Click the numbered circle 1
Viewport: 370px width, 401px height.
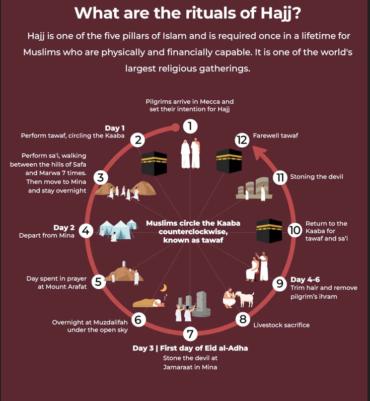click(x=190, y=126)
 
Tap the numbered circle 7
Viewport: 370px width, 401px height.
click(x=190, y=334)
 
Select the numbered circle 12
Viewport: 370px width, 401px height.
click(x=242, y=140)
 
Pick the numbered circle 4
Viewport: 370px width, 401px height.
click(x=86, y=231)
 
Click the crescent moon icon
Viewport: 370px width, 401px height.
click(x=164, y=288)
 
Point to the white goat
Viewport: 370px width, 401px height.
click(x=245, y=299)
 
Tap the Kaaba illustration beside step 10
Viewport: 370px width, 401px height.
click(x=269, y=230)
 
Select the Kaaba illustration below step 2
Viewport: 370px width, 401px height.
click(x=154, y=163)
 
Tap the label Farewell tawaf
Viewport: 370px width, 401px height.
click(x=275, y=136)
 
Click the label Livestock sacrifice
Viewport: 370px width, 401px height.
click(x=281, y=325)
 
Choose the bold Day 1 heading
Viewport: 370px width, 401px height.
click(x=115, y=128)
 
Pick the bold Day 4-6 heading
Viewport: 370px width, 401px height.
click(x=305, y=280)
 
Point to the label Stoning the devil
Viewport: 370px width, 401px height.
click(x=317, y=177)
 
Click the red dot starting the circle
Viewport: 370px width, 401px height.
click(x=175, y=127)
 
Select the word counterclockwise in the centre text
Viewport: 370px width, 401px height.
click(x=193, y=232)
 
